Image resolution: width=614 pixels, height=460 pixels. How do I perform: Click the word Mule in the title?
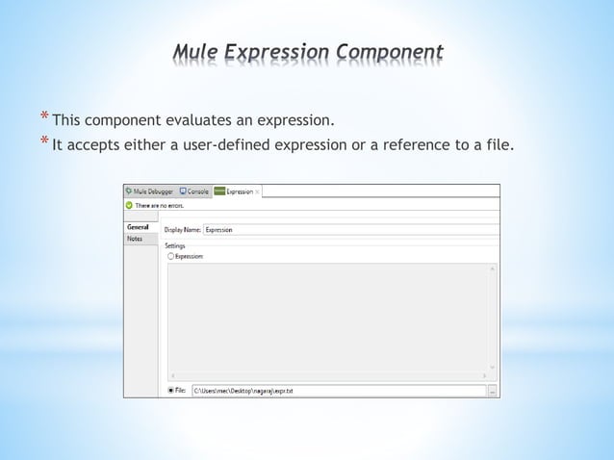[193, 52]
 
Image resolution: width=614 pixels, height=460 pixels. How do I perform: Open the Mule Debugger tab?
[149, 192]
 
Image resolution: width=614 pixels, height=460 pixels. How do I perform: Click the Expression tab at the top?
[237, 192]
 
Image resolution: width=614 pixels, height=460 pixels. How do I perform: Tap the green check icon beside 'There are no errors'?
[129, 205]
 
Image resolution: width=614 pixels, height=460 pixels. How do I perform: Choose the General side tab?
[138, 227]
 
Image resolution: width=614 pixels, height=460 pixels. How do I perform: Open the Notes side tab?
[136, 239]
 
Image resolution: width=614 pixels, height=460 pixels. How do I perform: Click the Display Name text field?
[346, 229]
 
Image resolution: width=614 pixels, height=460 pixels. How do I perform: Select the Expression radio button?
[171, 256]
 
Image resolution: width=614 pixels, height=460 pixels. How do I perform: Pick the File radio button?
[171, 391]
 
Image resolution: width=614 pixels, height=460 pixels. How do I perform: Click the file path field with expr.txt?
[337, 391]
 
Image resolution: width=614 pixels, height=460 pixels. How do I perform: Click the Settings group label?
[174, 245]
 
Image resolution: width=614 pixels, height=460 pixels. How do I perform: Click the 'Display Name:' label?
[182, 229]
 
